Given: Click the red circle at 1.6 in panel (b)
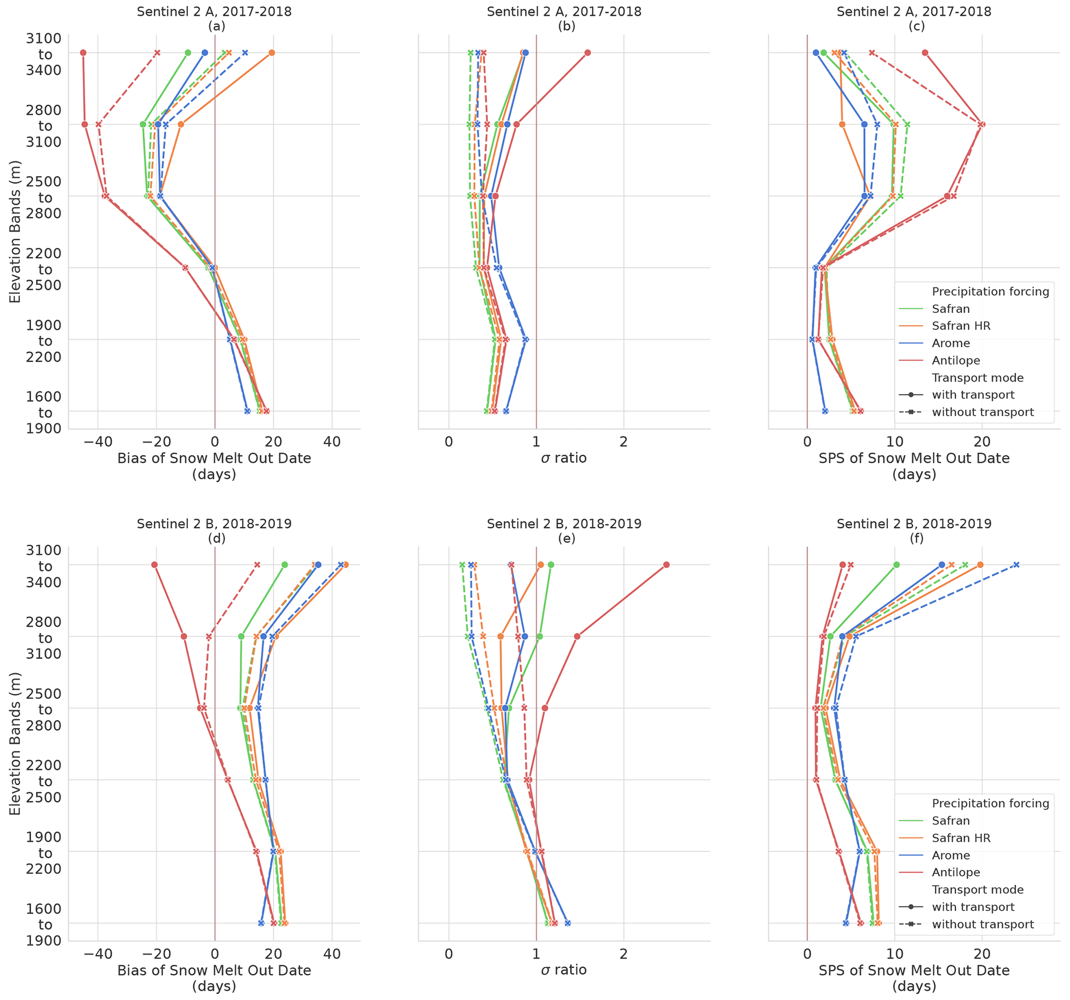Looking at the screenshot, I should (587, 53).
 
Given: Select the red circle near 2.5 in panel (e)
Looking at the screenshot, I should (666, 565).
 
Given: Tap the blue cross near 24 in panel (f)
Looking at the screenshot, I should (1016, 565).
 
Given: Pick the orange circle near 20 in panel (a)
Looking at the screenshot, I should (272, 53).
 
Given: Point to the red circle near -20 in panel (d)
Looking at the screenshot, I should (154, 565).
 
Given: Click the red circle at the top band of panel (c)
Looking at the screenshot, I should (925, 53).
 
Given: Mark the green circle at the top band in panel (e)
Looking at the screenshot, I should (551, 565).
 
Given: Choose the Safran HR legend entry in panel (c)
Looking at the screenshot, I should (961, 326).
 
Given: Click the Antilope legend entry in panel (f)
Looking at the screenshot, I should (956, 873).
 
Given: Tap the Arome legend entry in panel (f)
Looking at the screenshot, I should (950, 855).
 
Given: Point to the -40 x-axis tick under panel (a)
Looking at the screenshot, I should (98, 442).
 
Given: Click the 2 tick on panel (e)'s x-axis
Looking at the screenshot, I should (623, 954).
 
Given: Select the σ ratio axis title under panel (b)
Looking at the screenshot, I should (564, 458).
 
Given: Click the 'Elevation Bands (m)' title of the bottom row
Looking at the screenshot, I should (15, 744).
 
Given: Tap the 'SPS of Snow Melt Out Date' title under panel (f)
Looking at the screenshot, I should (914, 970).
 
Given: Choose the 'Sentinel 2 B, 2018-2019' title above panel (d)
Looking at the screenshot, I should (214, 524).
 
